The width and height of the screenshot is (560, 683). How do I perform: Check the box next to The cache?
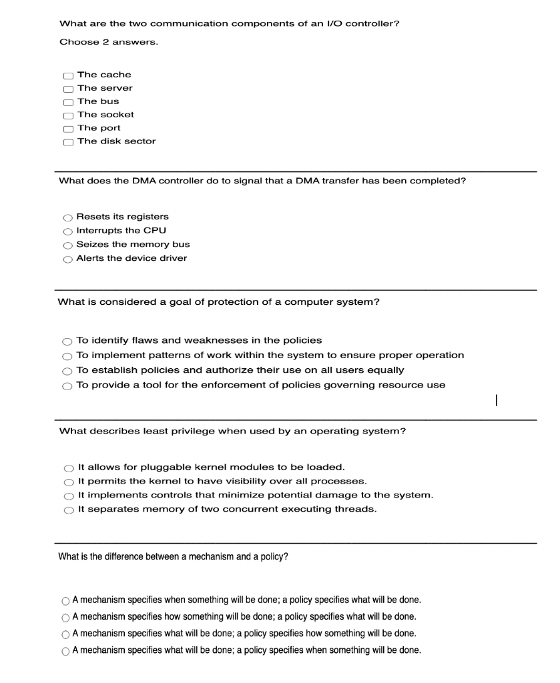click(x=68, y=75)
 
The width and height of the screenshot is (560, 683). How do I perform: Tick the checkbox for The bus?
click(x=68, y=102)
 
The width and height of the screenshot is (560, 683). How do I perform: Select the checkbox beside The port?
click(x=68, y=129)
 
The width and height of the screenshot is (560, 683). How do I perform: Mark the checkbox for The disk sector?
click(x=68, y=142)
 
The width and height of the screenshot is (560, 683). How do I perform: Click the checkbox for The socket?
click(x=68, y=115)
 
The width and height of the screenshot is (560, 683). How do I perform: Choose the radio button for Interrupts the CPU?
click(x=67, y=231)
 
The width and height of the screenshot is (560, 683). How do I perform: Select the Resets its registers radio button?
click(x=67, y=217)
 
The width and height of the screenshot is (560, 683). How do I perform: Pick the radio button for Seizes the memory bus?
click(x=67, y=245)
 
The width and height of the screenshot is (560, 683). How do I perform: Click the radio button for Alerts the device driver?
click(x=67, y=259)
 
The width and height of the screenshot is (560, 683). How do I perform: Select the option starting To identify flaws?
click(x=67, y=341)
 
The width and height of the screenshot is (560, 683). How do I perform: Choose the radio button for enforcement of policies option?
click(x=67, y=386)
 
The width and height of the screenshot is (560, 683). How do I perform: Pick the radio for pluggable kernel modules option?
click(x=69, y=467)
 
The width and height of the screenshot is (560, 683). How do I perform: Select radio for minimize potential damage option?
click(x=69, y=496)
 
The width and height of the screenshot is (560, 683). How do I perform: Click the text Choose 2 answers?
click(x=109, y=42)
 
